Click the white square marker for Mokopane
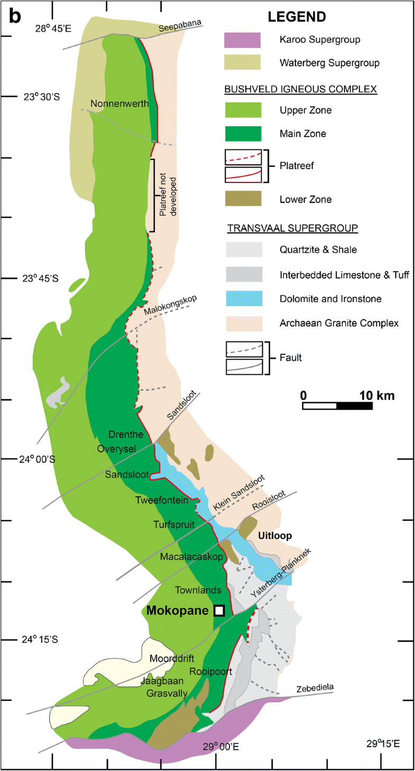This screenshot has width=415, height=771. pyautogui.click(x=219, y=610)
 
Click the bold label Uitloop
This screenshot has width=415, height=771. pyautogui.click(x=274, y=535)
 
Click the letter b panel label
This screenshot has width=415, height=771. pyautogui.click(x=14, y=17)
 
